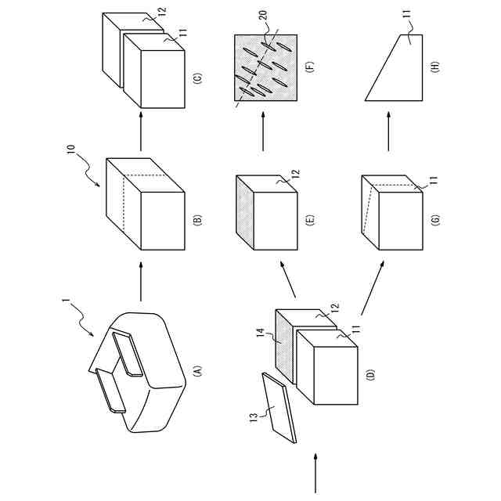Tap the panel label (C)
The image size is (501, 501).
pos(198,78)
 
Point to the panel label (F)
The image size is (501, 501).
pos(310,66)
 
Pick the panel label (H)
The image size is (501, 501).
pos(436,67)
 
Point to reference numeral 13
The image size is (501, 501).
pos(253,419)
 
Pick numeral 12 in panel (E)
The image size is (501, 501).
pos(296,173)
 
